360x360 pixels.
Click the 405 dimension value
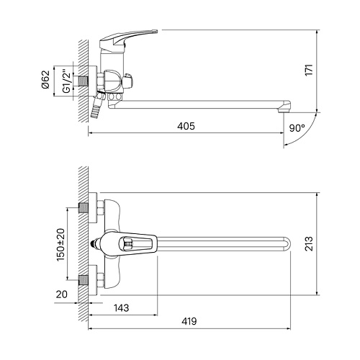pos(186,126)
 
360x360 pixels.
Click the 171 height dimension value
pos(309,70)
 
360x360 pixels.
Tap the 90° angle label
pos(297,128)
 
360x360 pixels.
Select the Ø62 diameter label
pos(45,79)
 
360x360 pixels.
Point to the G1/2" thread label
pos(66,81)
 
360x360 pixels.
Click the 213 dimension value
pos(309,243)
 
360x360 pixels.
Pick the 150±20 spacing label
pos(60,245)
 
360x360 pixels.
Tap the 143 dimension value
pos(121,307)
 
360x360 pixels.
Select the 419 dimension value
pos(189,321)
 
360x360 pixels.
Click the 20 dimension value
pos(62,294)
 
